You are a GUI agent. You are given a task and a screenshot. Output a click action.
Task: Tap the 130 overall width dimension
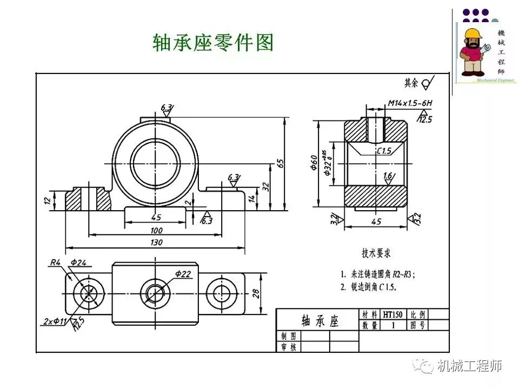156,243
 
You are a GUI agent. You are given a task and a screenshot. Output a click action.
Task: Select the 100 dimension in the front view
156,230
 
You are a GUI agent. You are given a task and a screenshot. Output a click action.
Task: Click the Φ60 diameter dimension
314,163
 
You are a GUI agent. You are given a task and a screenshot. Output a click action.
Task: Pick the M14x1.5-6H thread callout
410,102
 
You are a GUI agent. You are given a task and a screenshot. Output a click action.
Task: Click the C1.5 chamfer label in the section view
384,151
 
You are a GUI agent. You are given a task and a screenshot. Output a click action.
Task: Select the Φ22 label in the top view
183,274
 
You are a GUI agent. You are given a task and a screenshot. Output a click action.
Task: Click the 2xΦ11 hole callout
55,322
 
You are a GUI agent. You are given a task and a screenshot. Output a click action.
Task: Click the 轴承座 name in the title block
319,321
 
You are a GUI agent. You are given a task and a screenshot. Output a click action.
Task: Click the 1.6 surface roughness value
388,176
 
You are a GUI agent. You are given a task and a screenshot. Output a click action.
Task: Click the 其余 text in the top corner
411,83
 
